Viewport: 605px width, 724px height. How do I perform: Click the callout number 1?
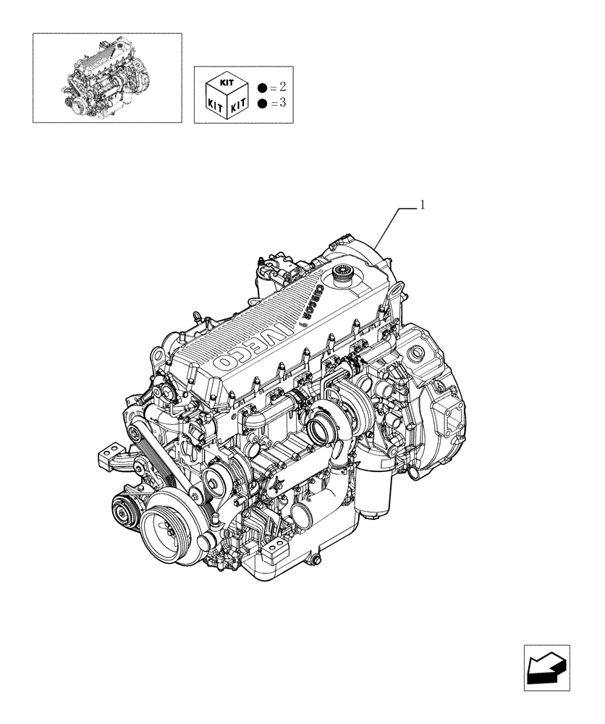pyautogui.click(x=423, y=206)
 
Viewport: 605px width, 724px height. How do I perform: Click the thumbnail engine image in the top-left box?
pyautogui.click(x=106, y=77)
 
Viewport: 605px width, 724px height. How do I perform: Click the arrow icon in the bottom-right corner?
pyautogui.click(x=548, y=665)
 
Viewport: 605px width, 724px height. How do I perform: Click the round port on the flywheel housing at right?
pyautogui.click(x=416, y=354)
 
